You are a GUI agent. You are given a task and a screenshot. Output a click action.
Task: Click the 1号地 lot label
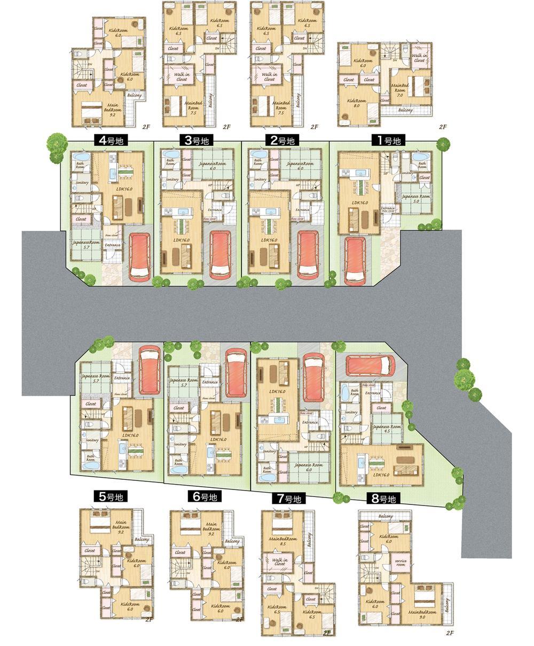tap(388, 141)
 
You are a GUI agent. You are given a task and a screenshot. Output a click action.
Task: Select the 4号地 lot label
tap(108, 141)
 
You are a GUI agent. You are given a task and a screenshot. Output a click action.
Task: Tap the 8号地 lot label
tap(382, 499)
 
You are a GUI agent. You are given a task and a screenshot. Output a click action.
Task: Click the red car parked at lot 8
tap(370, 366)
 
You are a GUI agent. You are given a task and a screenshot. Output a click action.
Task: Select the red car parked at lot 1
tap(355, 260)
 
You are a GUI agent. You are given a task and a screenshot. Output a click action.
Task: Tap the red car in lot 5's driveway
tap(149, 370)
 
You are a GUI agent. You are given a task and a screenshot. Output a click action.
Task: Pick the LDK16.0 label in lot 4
tap(124, 188)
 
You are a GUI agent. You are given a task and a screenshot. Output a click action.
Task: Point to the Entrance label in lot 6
tap(210, 382)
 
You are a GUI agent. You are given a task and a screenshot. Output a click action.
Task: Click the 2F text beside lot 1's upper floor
tap(442, 127)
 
